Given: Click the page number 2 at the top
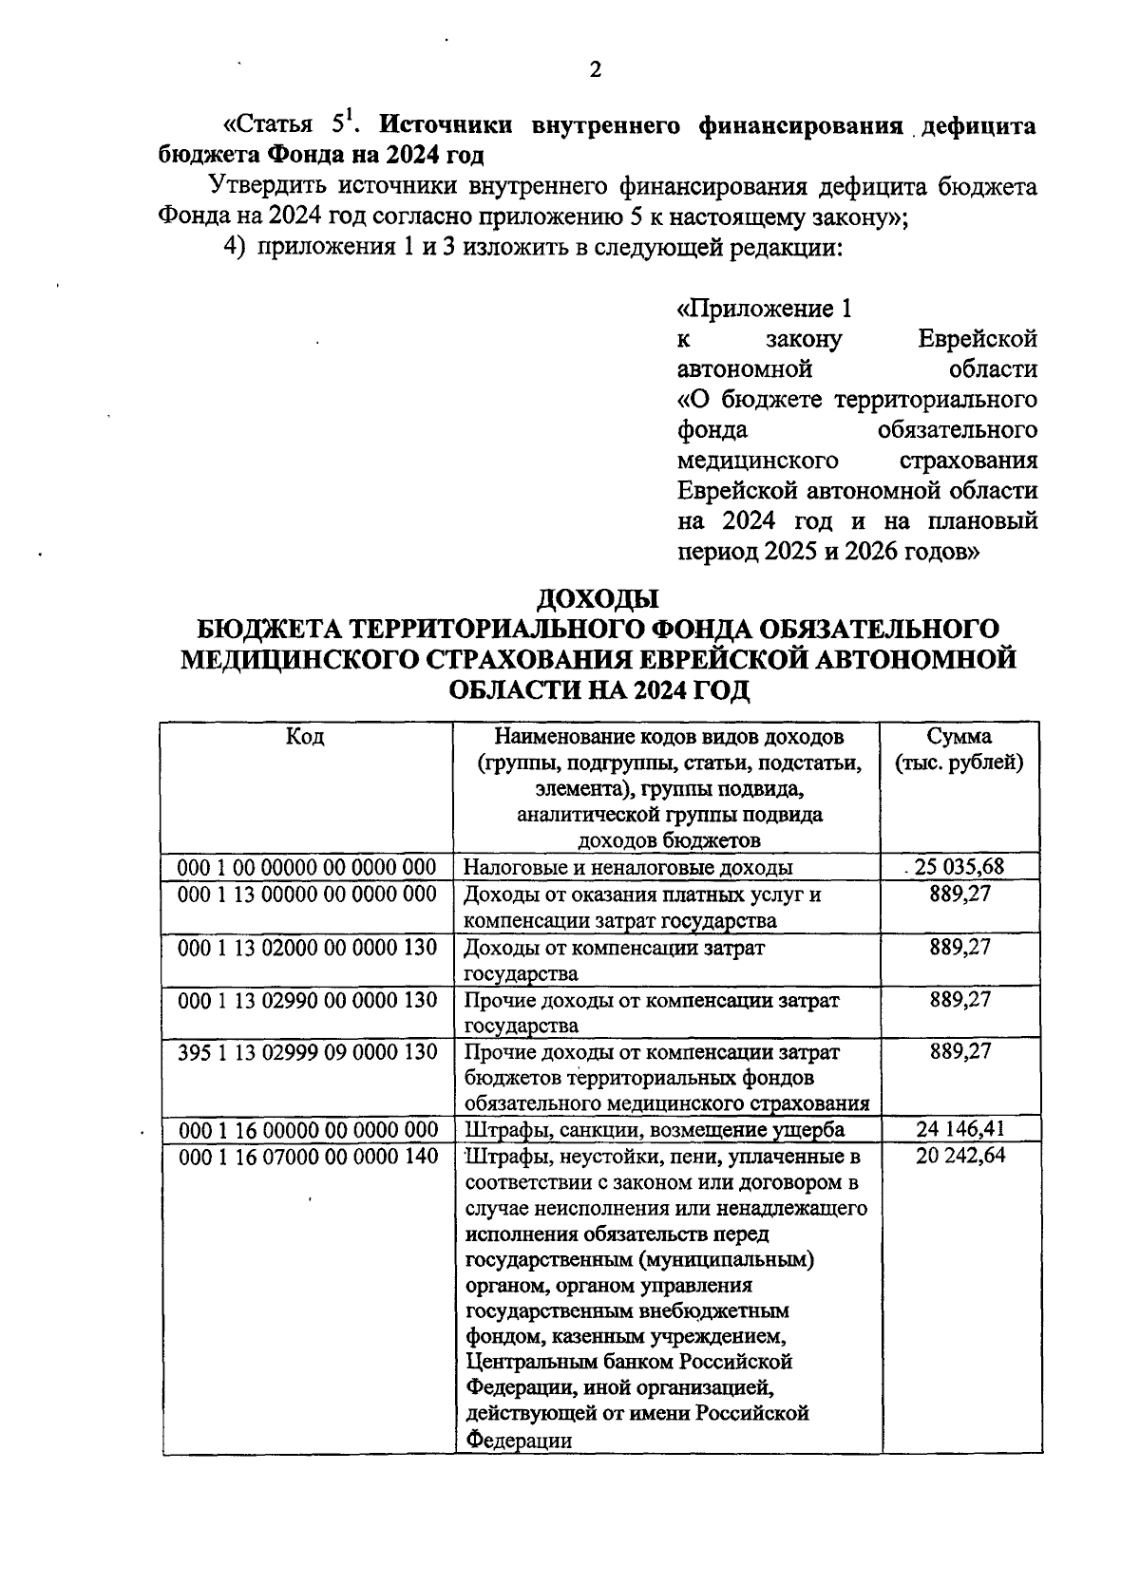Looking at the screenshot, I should [595, 69].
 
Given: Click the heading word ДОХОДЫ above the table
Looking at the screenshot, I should [598, 599].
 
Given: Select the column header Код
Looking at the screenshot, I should [305, 737].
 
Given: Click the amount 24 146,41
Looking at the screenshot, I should [960, 1129].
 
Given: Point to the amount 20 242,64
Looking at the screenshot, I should [960, 1155].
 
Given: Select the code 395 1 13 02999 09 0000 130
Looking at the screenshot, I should [307, 1051].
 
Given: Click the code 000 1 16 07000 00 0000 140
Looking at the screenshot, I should [307, 1156].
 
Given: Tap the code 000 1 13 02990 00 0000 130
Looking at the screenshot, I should [307, 999].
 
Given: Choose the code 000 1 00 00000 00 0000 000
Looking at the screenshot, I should [307, 867].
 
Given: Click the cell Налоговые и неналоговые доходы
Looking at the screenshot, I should [628, 867].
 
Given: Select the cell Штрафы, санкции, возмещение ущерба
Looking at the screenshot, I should [654, 1129].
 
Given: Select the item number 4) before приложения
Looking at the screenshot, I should [234, 248].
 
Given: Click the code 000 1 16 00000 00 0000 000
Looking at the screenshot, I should [307, 1129].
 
